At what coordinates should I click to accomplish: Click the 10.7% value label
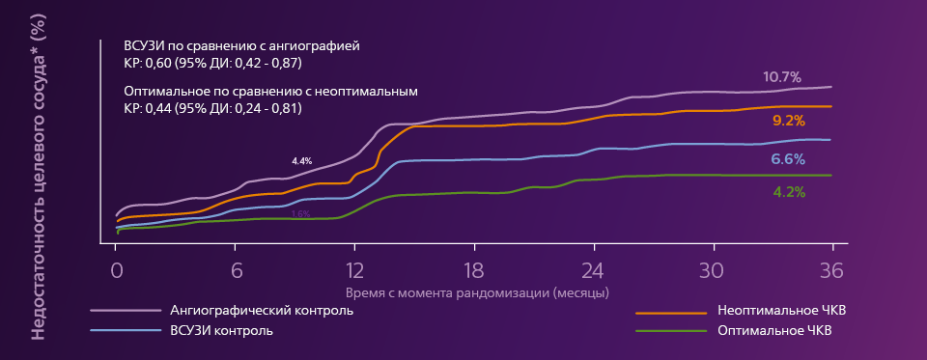[782, 77]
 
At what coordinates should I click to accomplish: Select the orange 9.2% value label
[789, 121]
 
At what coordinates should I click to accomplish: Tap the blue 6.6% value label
[788, 159]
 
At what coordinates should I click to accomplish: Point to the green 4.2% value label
[789, 191]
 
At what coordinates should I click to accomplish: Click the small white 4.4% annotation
[302, 160]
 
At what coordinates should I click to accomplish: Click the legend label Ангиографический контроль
[262, 311]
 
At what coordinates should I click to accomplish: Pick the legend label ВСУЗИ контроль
[221, 331]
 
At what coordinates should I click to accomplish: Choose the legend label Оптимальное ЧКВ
[775, 331]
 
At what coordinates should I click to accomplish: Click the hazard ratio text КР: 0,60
[212, 62]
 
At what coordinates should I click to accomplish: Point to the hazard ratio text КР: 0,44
[212, 108]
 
